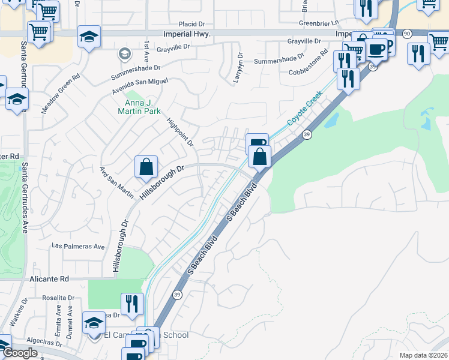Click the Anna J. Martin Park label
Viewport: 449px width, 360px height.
tap(138, 106)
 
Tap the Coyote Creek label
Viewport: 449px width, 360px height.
tap(304, 108)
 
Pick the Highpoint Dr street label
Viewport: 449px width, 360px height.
tap(181, 131)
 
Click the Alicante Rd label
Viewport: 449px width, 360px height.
tap(49, 279)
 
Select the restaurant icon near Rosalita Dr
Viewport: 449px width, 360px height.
tap(131, 303)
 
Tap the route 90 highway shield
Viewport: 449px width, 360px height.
tap(407, 33)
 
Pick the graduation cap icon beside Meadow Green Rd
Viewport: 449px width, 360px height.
tap(17, 99)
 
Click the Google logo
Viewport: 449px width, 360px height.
tap(20, 353)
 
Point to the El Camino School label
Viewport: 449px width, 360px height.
tap(147, 335)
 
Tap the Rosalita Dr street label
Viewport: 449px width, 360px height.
tap(58, 298)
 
